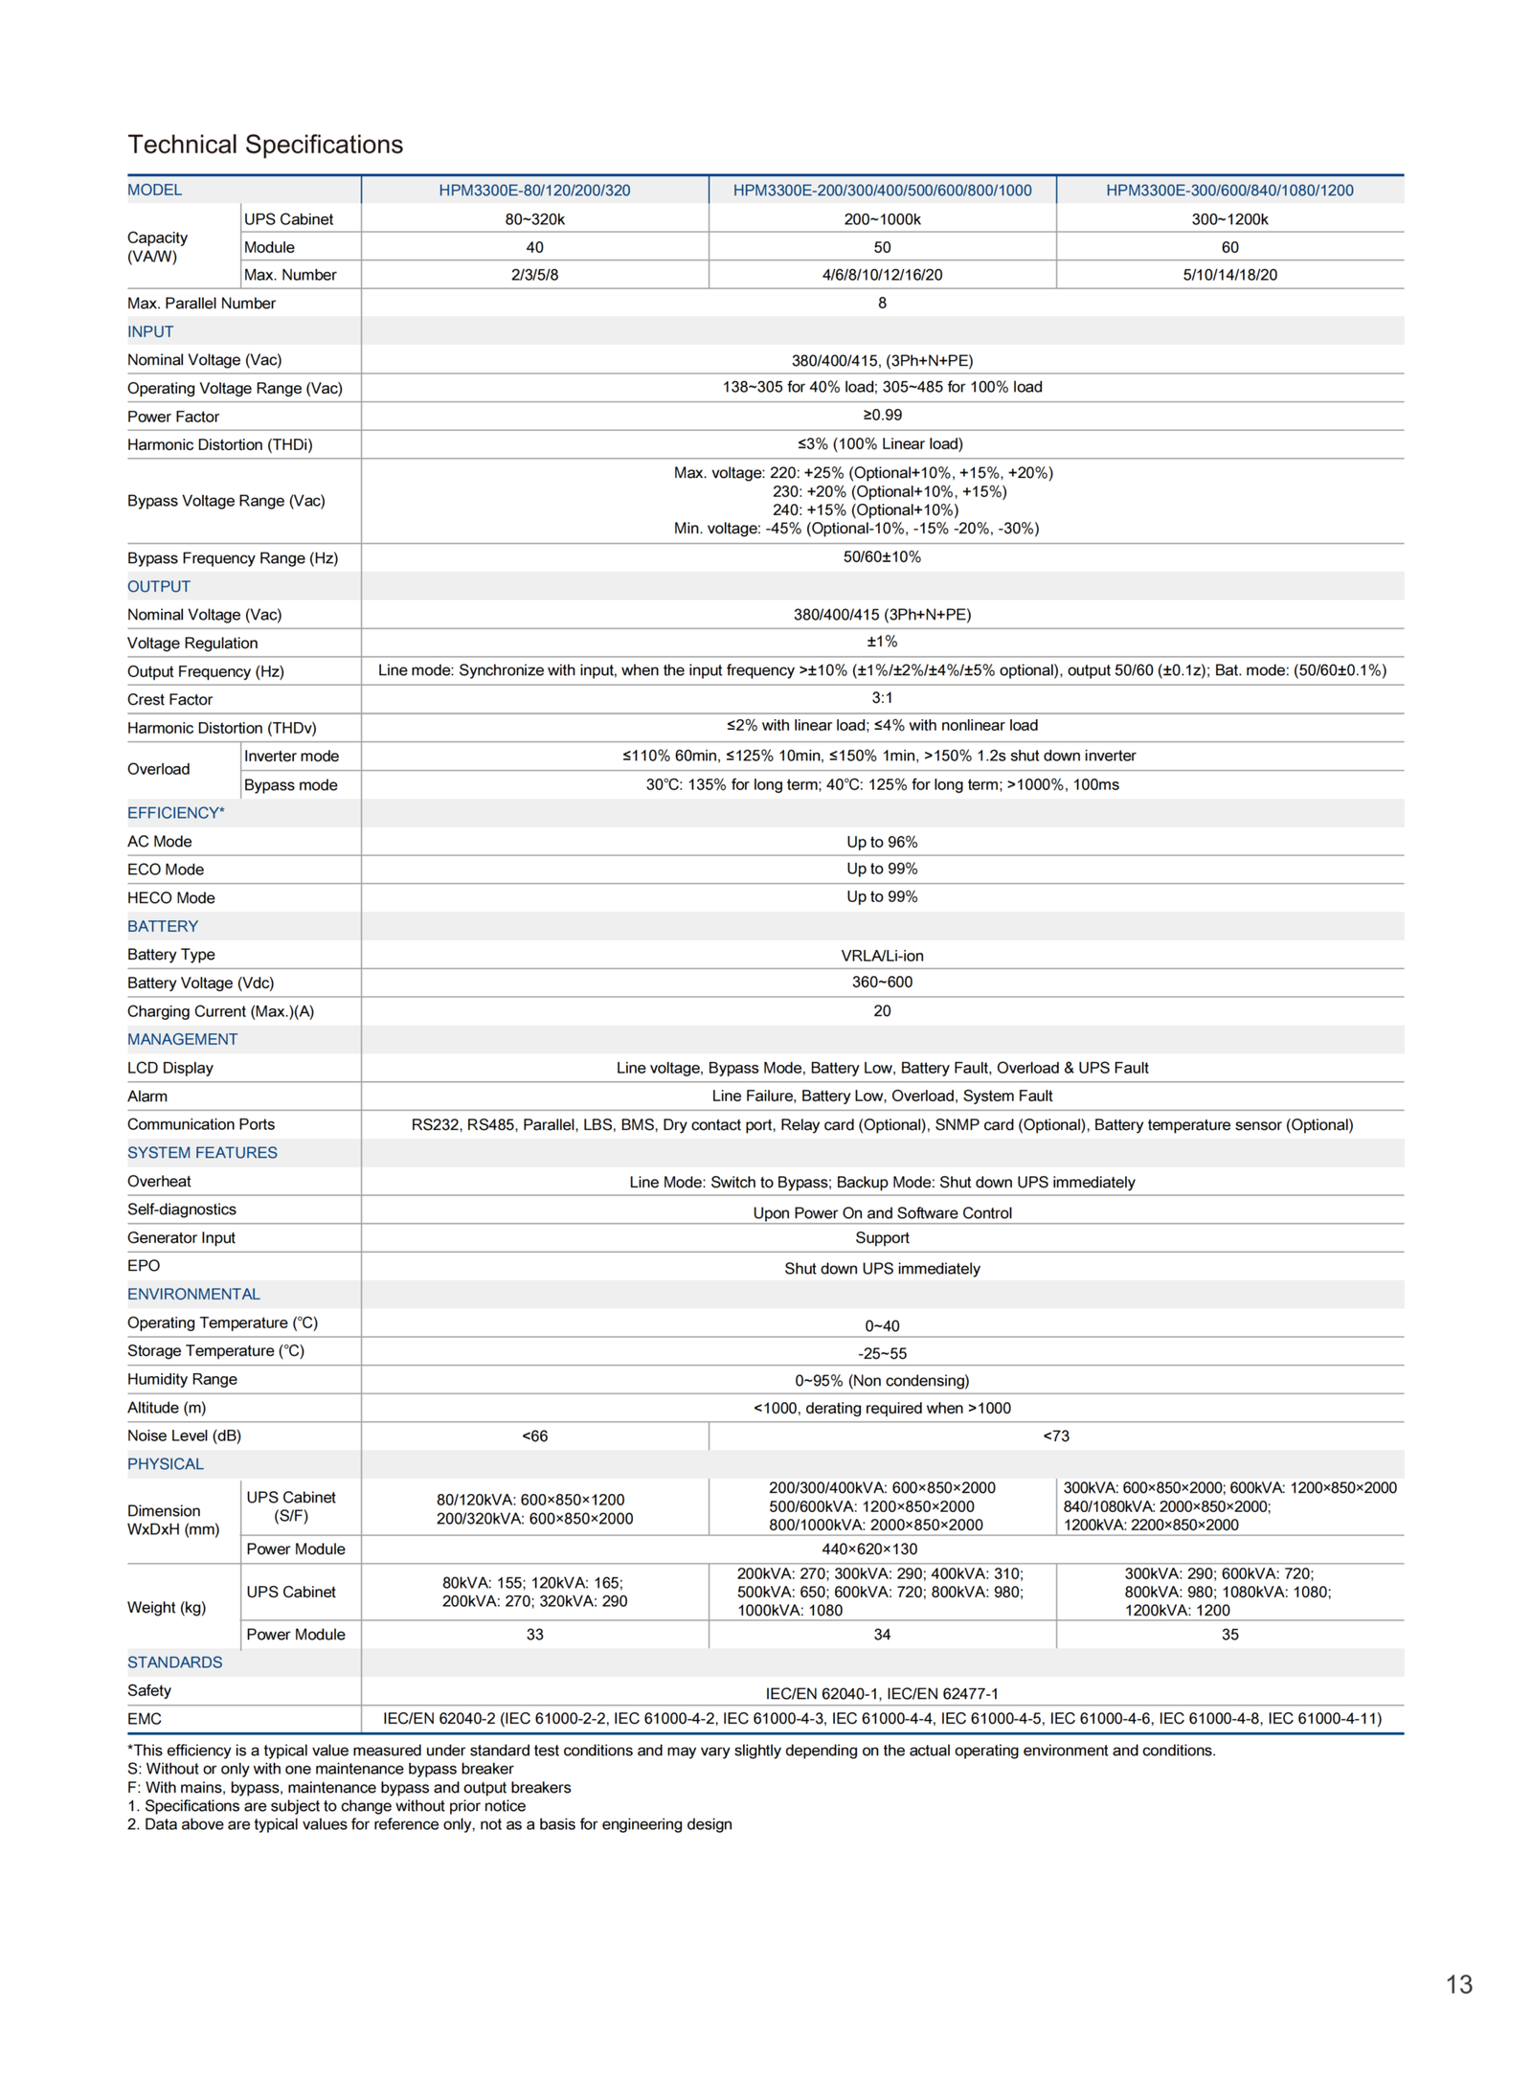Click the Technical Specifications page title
(x=265, y=145)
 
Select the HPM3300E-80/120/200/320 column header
(x=534, y=191)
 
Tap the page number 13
(x=1458, y=1984)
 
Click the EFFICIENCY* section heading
(x=176, y=813)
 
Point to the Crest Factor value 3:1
(x=882, y=698)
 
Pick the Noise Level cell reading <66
(x=534, y=1436)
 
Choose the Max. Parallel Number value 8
(x=882, y=304)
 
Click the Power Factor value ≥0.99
(x=882, y=416)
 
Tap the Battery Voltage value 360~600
(x=882, y=983)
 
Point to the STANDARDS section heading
(x=175, y=1662)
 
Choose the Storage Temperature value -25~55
(x=882, y=1353)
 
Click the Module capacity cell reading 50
(x=882, y=247)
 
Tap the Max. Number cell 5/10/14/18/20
(x=1229, y=276)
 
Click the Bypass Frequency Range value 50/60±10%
(x=882, y=557)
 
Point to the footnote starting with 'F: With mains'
(x=349, y=1788)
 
